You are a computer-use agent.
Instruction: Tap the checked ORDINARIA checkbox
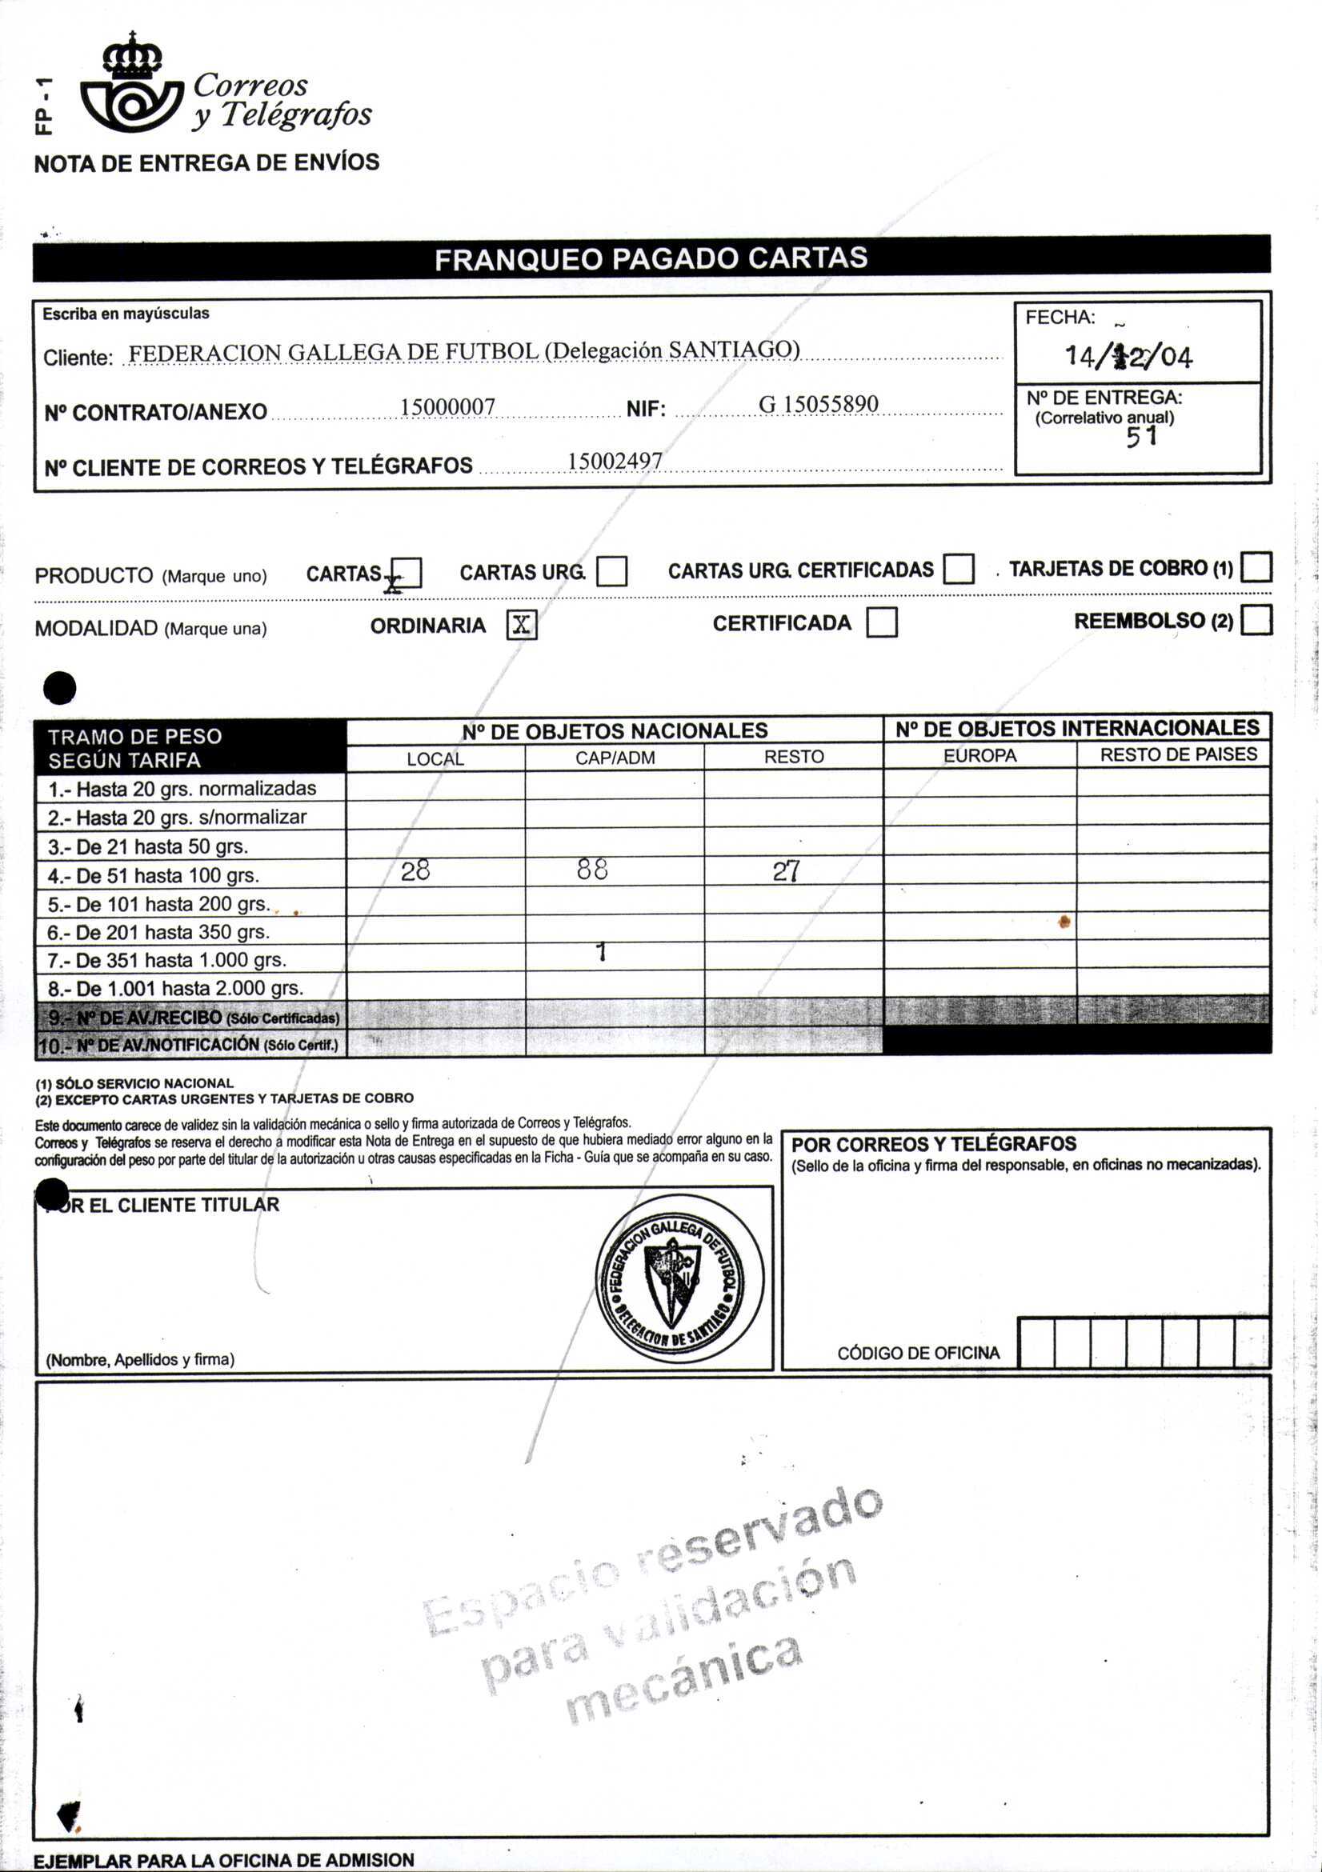(521, 625)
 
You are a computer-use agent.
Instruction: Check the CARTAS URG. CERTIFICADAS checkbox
(958, 569)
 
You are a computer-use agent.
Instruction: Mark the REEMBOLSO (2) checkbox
(1256, 620)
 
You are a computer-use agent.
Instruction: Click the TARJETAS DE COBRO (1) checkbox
(1256, 566)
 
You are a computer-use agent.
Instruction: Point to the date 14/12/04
(1128, 356)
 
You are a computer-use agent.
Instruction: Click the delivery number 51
(1141, 438)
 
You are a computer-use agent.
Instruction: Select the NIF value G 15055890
(818, 405)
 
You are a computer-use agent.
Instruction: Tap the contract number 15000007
(447, 407)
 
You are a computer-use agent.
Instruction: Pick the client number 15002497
(615, 462)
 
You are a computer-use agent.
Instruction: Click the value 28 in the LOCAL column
(415, 871)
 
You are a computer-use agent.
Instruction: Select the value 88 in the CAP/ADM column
(592, 870)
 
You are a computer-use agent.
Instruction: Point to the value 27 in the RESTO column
(786, 871)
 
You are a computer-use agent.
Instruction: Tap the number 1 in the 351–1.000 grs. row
(601, 952)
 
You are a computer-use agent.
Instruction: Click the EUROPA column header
(979, 756)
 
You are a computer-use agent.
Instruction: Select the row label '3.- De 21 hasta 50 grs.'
(147, 846)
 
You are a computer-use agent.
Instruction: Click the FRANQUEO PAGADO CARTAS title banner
(651, 258)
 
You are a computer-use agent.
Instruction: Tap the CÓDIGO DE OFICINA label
(919, 1354)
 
